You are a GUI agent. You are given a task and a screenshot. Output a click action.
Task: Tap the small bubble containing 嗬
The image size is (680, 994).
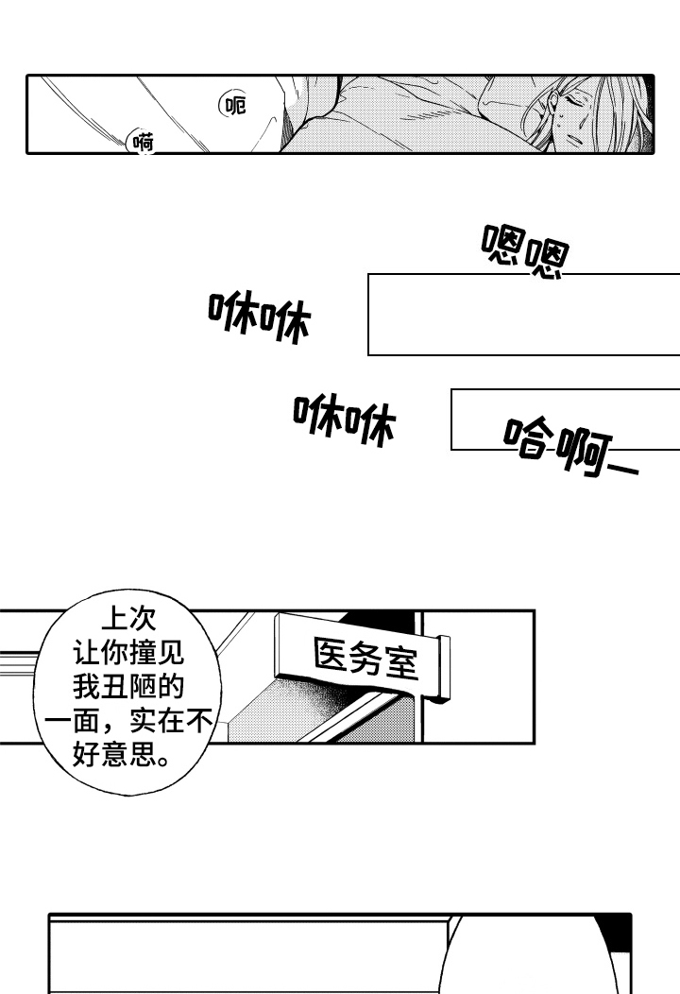[143, 144]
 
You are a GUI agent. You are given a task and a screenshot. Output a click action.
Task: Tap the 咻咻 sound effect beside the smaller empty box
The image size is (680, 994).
[344, 420]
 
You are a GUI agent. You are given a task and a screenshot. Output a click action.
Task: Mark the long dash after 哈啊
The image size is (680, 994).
[621, 467]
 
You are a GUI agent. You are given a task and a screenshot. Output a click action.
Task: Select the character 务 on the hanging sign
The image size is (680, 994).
[364, 655]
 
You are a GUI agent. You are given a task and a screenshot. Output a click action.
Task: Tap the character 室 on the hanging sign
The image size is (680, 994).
[400, 661]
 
